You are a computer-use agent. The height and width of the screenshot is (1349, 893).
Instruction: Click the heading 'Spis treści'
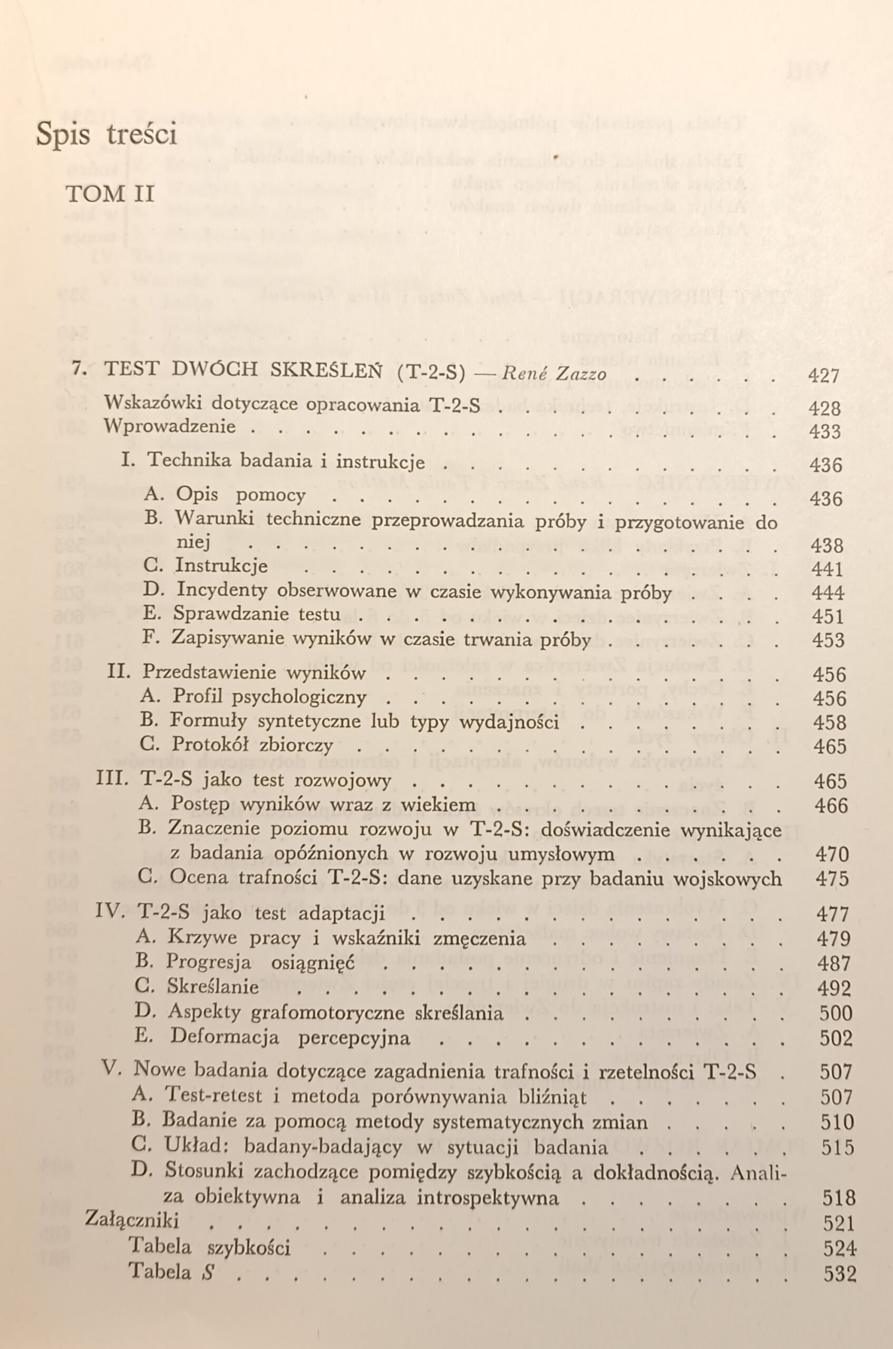point(106,134)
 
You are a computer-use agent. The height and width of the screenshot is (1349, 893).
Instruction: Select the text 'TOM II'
point(111,194)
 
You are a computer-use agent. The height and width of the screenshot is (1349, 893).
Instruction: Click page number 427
point(823,376)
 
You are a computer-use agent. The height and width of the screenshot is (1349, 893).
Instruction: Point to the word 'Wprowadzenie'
point(169,426)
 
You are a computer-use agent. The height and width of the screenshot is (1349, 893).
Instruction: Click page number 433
point(824,432)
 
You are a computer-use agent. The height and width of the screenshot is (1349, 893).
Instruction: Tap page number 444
point(828,593)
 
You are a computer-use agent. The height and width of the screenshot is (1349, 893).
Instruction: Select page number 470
point(832,854)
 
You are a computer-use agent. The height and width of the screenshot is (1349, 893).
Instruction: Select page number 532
point(839,1273)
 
